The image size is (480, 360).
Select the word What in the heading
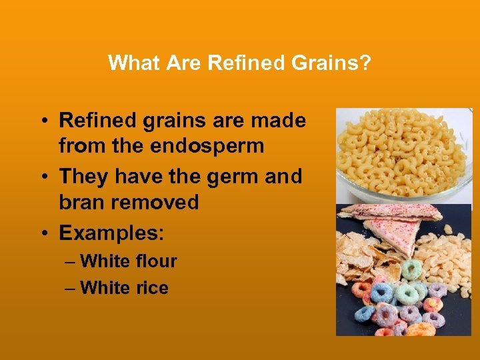[x=131, y=63]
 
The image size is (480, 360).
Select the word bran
[x=82, y=202]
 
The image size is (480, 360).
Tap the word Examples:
[x=112, y=233]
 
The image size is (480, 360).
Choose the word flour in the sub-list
[x=155, y=261]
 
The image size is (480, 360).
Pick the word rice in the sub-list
[x=151, y=288]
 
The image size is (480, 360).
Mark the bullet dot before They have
[x=42, y=177]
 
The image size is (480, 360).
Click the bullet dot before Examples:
[x=42, y=234]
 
